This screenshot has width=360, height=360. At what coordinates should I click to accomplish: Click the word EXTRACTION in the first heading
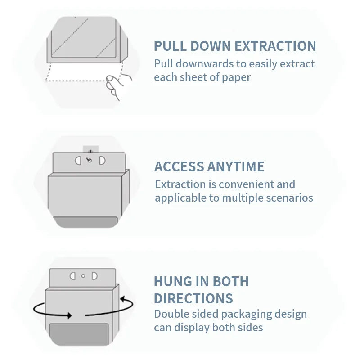pyautogui.click(x=275, y=46)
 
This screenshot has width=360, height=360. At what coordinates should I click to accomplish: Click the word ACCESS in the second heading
pyautogui.click(x=179, y=166)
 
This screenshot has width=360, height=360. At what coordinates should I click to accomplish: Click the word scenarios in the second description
pyautogui.click(x=289, y=198)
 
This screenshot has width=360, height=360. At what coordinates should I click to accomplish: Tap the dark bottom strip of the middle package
pyautogui.click(x=85, y=222)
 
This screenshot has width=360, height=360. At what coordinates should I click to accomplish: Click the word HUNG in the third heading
pyautogui.click(x=173, y=282)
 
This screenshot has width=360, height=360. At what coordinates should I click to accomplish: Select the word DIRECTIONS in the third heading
pyautogui.click(x=193, y=298)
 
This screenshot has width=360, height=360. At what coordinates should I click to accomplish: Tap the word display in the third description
pyautogui.click(x=192, y=328)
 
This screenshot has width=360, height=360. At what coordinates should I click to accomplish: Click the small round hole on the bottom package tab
pyautogui.click(x=83, y=276)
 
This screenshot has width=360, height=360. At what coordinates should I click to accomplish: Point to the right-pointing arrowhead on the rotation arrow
pyautogui.click(x=69, y=315)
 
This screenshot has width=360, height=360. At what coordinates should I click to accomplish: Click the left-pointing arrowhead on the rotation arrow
pyautogui.click(x=123, y=299)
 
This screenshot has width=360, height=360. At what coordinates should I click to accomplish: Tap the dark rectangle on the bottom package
pyautogui.click(x=79, y=334)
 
